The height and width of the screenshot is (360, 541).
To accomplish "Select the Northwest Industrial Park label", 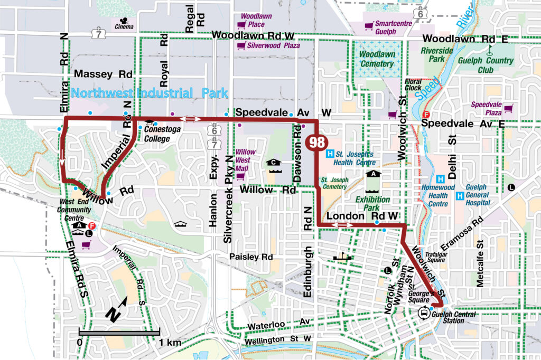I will [x=150, y=93].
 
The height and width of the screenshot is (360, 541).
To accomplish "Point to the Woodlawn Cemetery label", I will [x=377, y=59].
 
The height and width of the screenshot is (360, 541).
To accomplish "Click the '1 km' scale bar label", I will [x=170, y=343].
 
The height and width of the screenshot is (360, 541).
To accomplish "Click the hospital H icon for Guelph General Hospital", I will [x=459, y=196].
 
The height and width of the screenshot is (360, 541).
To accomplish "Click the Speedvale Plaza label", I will [x=486, y=108].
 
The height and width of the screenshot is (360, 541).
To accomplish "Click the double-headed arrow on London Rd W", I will [x=342, y=226].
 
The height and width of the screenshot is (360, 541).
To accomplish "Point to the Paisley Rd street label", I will [x=251, y=257].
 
